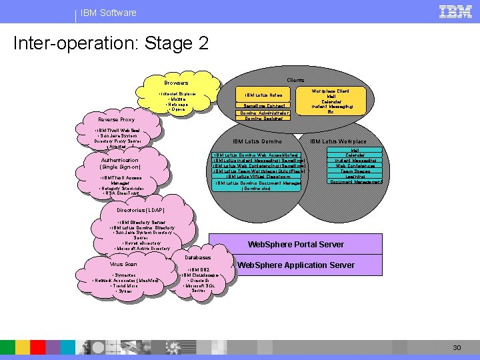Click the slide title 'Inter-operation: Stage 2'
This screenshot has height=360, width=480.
point(111,44)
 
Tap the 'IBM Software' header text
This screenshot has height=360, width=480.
point(108,13)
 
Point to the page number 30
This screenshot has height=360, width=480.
point(457,347)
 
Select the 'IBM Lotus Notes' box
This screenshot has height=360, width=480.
point(268,95)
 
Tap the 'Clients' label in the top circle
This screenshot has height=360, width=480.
point(295,80)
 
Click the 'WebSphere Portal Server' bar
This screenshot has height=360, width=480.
point(296,244)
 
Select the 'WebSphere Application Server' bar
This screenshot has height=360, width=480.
point(296,265)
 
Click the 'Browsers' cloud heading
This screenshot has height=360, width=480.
point(177,83)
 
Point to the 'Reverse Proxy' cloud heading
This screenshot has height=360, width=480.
point(117,120)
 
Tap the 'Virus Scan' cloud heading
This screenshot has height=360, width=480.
point(123,264)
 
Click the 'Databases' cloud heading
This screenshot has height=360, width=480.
point(198,257)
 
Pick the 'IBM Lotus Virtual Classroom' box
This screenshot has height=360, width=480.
point(258,177)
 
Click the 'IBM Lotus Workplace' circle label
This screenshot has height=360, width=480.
point(338,141)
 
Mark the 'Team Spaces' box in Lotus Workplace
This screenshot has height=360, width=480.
point(355,171)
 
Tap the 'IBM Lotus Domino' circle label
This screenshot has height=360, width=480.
point(257,141)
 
